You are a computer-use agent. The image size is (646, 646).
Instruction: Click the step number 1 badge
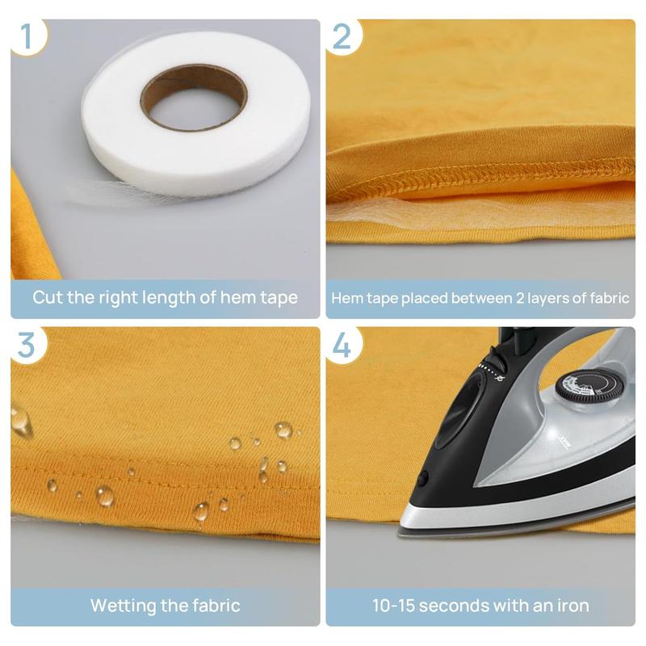[26, 36]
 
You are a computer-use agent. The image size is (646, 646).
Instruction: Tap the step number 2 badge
[342, 36]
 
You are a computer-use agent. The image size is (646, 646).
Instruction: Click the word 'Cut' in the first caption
[48, 297]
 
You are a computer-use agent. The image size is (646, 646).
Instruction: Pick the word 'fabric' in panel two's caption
[607, 298]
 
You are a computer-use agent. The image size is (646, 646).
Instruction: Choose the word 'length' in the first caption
[173, 297]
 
